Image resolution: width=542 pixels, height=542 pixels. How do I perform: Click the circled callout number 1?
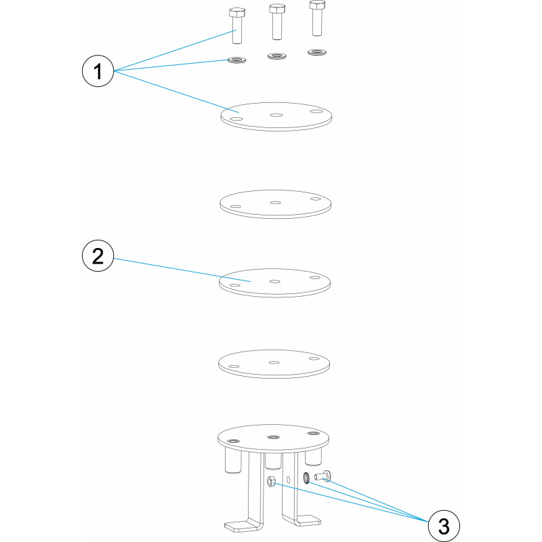click(98, 71)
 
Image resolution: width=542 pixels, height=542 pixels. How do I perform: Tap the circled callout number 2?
click(98, 256)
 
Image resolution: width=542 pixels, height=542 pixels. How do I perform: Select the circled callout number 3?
click(444, 526)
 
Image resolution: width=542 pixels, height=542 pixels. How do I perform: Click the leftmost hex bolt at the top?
click(236, 26)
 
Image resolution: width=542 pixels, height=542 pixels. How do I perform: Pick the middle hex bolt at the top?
click(277, 22)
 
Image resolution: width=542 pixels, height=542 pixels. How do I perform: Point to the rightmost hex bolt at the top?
click(316, 18)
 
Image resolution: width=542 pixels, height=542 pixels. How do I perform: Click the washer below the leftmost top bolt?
click(236, 60)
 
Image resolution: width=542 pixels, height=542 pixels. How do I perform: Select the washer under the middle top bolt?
click(277, 56)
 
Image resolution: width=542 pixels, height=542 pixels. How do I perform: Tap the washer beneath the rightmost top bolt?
click(317, 53)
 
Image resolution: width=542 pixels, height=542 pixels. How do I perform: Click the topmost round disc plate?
click(276, 117)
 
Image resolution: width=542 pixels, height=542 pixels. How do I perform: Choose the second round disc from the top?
click(276, 204)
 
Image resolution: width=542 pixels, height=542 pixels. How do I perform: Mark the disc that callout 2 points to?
click(275, 283)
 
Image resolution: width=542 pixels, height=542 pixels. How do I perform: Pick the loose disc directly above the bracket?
click(274, 364)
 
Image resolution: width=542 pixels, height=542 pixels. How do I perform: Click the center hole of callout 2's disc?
click(275, 281)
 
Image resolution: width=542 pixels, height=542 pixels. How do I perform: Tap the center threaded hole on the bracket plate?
click(274, 438)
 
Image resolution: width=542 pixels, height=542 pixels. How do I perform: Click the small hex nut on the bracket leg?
click(272, 481)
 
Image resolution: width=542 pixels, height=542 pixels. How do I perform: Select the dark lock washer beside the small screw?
click(306, 478)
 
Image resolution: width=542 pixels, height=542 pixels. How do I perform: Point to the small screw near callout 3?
click(323, 476)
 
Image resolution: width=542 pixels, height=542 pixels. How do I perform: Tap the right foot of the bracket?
click(304, 520)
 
